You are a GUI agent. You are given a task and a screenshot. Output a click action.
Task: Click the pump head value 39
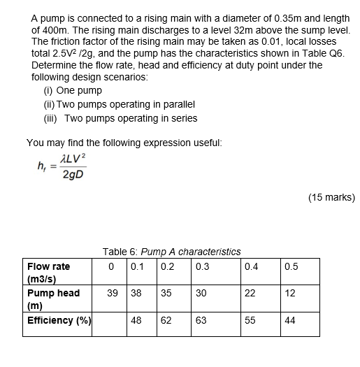click(113, 294)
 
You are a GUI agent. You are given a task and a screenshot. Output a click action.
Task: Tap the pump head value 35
click(166, 294)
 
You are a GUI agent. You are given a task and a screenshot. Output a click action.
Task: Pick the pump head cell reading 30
click(202, 294)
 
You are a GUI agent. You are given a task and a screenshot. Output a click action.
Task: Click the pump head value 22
click(252, 294)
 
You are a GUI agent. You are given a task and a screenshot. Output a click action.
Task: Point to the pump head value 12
click(291, 294)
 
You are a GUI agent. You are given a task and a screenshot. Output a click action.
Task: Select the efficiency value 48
click(136, 321)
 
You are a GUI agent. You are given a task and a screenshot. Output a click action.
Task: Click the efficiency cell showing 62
click(166, 321)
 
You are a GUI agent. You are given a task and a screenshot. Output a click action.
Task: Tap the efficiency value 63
click(202, 321)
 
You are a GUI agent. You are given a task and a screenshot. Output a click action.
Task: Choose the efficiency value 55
click(252, 321)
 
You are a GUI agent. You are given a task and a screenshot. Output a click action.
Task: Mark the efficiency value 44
click(291, 321)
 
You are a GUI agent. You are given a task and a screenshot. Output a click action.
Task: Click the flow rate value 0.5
click(291, 266)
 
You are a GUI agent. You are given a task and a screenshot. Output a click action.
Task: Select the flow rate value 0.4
click(252, 266)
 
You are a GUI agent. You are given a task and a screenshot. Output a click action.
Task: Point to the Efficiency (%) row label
click(59, 321)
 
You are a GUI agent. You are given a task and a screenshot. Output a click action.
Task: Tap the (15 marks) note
click(331, 198)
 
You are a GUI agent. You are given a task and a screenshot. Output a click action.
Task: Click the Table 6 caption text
click(171, 252)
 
